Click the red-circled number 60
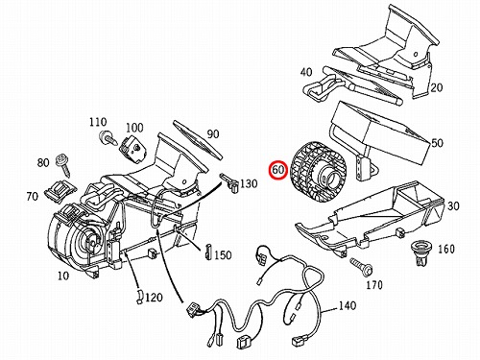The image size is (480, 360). pyautogui.click(x=278, y=170)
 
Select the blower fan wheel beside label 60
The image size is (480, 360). pyautogui.click(x=318, y=173)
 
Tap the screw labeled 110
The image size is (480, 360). pyautogui.click(x=108, y=138)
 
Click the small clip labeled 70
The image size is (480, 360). pyautogui.click(x=60, y=191)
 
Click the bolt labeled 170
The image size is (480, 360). pyautogui.click(x=362, y=266)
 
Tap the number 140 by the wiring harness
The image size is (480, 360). pyautogui.click(x=348, y=305)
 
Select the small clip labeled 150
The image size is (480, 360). pyautogui.click(x=208, y=252)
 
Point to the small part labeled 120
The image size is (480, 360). pyautogui.click(x=140, y=297)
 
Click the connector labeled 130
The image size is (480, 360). pyautogui.click(x=230, y=181)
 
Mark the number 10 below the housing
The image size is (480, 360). pyautogui.click(x=63, y=276)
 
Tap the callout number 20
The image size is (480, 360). pyautogui.click(x=437, y=87)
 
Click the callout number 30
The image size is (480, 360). pyautogui.click(x=453, y=206)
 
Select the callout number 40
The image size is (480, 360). pyautogui.click(x=306, y=72)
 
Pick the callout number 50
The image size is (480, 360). pyautogui.click(x=437, y=143)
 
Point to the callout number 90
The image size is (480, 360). pyautogui.click(x=213, y=134)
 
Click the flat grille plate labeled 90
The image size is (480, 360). pyautogui.click(x=197, y=139)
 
